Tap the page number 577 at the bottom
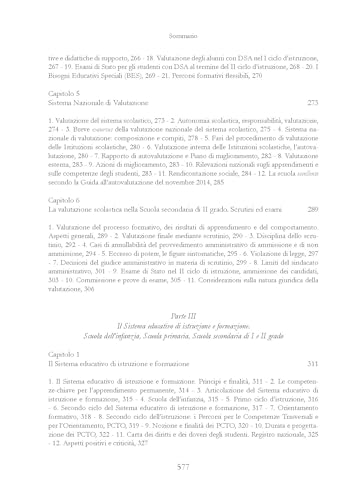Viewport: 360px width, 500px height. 180,467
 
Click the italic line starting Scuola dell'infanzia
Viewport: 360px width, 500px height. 180,308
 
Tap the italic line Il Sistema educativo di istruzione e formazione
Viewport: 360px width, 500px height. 180,298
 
